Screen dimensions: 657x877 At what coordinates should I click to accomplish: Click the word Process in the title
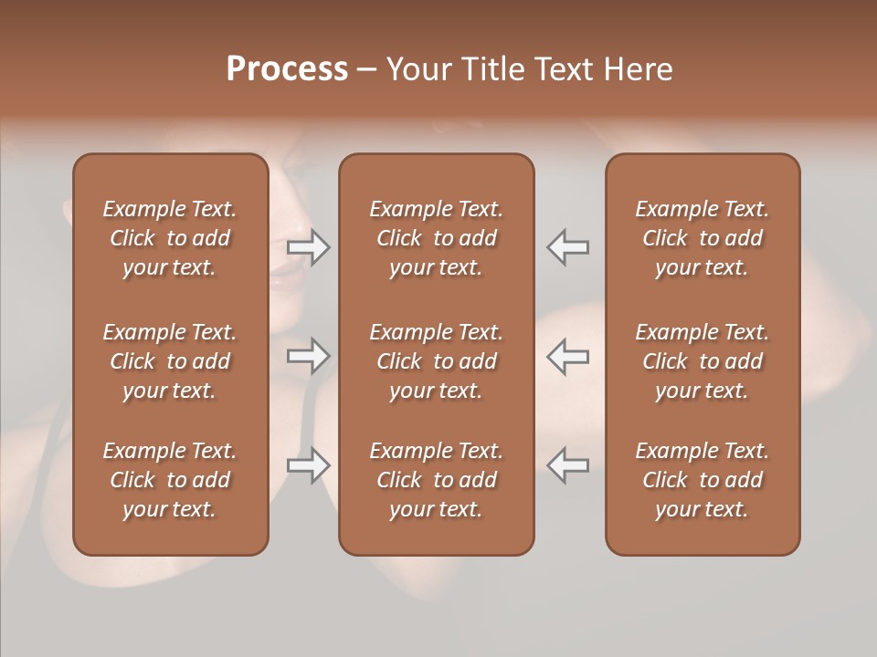click(x=287, y=69)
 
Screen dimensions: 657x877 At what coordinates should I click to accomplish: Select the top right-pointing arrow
click(x=309, y=247)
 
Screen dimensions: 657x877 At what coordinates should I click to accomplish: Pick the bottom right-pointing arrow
click(x=309, y=465)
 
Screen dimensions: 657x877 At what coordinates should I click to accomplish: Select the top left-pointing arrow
click(x=568, y=247)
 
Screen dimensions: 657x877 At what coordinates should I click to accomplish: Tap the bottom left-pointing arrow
click(x=568, y=465)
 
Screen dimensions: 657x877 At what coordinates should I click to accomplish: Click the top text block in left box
click(x=170, y=238)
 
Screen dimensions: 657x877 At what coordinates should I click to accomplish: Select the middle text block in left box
click(x=170, y=361)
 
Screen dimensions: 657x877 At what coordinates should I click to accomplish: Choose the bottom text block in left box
click(x=170, y=480)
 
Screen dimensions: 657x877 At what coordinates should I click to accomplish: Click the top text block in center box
click(x=436, y=238)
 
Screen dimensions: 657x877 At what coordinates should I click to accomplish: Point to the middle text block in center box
click(x=436, y=361)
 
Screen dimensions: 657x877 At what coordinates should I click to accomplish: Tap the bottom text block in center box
click(x=436, y=480)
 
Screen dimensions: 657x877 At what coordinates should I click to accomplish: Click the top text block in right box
click(x=702, y=238)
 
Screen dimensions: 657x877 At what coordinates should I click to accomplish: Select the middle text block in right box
click(x=702, y=361)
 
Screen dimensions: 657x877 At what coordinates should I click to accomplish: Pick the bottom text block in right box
click(x=702, y=480)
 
